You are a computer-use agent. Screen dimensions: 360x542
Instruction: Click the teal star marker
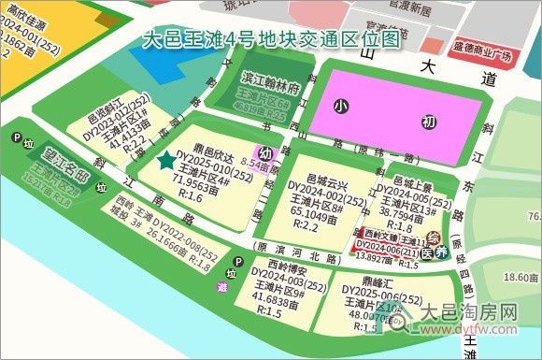pyautogui.click(x=166, y=161)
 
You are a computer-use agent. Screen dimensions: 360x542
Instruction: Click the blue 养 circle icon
pyautogui.click(x=443, y=252)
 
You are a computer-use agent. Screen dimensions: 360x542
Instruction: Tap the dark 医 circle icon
pyautogui.click(x=427, y=253)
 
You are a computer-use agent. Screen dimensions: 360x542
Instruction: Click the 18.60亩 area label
pyautogui.click(x=509, y=277)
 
